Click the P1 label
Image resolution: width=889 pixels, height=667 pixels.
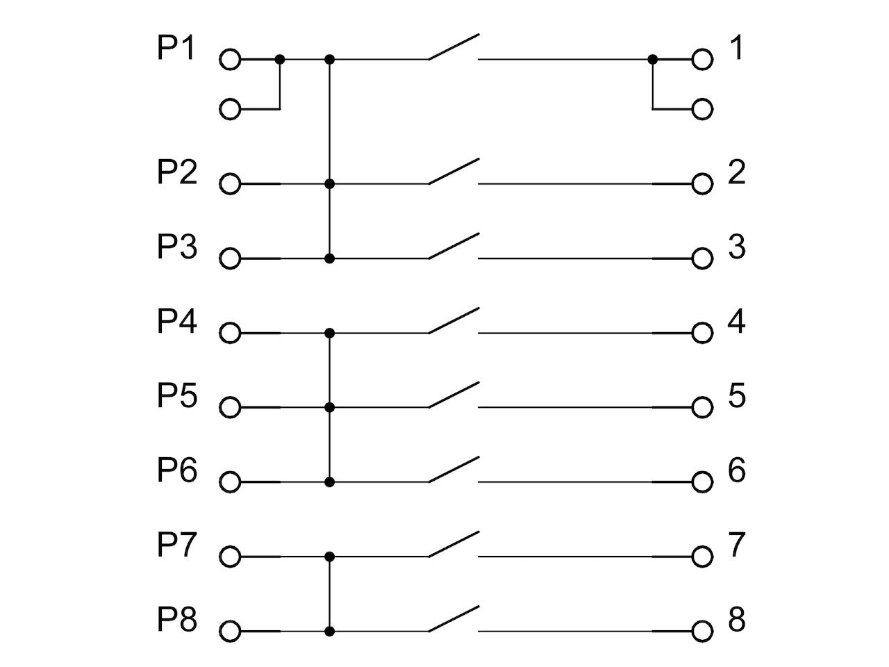click(176, 48)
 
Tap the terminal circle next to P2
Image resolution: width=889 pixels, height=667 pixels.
click(230, 184)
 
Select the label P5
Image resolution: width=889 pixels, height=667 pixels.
click(177, 395)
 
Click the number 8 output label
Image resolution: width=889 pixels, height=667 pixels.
click(737, 619)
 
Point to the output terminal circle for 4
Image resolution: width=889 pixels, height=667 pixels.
click(702, 333)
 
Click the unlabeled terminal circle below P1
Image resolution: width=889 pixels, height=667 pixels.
click(230, 109)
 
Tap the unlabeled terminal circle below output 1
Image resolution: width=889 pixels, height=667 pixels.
click(702, 109)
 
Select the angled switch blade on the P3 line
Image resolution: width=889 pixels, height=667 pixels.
click(454, 246)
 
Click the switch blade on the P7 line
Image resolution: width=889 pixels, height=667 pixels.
click(454, 544)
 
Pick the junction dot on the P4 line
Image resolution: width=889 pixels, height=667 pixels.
click(330, 333)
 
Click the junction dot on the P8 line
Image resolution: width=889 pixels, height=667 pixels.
click(330, 632)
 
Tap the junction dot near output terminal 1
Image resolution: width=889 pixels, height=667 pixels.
click(652, 60)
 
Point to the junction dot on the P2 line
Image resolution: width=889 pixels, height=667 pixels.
click(330, 184)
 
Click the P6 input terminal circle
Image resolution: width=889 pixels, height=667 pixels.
click(230, 482)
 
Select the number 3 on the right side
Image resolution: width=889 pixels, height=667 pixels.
click(737, 246)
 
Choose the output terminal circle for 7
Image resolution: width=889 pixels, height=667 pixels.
click(702, 557)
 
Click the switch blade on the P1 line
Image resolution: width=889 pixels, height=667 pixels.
click(454, 47)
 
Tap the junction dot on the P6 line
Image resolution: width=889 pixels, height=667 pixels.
click(330, 482)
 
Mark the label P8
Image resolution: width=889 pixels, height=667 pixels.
click(177, 619)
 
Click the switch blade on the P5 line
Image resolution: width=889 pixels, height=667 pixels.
click(454, 395)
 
